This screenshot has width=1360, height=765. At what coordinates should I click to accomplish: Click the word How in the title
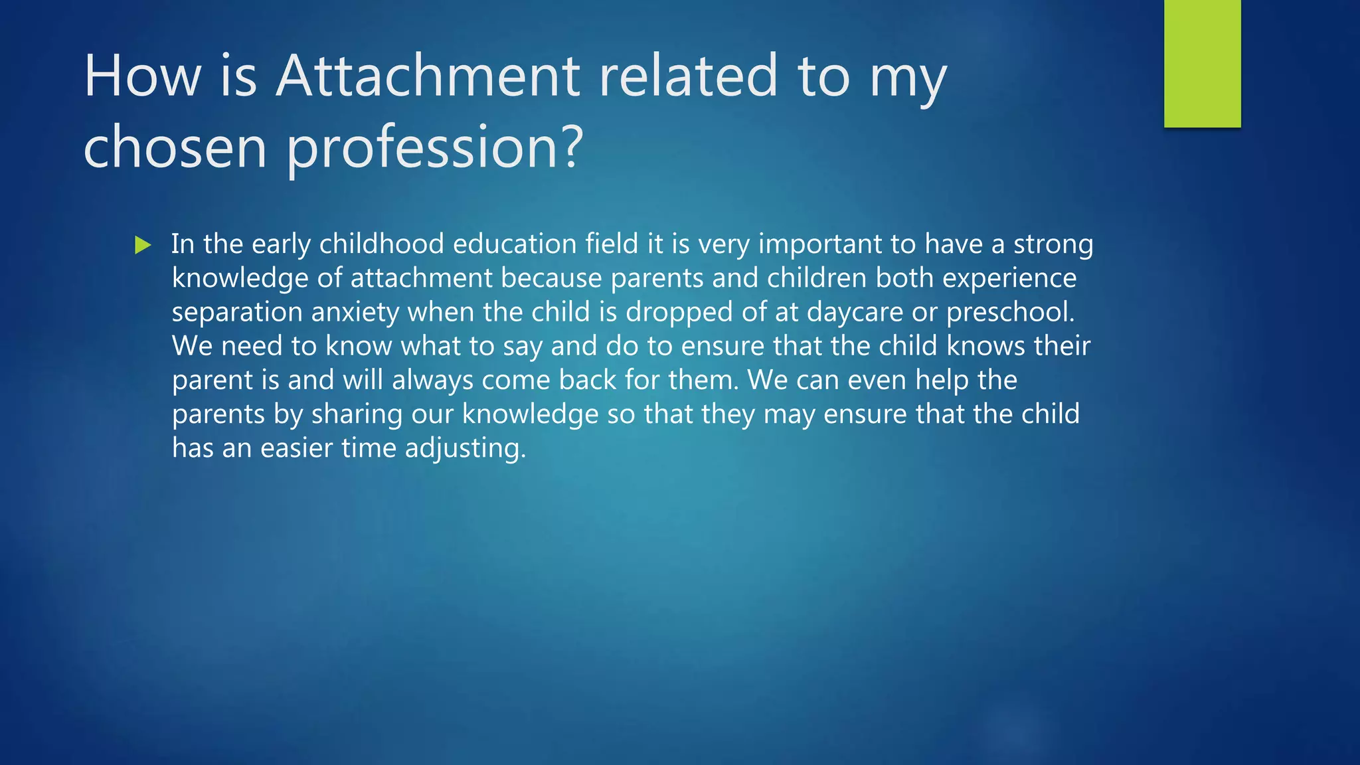coord(142,76)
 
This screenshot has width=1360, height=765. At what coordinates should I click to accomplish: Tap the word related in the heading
coord(688,76)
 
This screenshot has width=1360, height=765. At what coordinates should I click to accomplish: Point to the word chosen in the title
coord(175,147)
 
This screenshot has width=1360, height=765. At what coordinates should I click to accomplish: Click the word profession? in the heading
coord(435,148)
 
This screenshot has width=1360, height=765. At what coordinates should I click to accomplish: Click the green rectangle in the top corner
coord(1202,63)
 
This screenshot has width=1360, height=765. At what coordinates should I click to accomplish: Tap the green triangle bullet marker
coord(143,245)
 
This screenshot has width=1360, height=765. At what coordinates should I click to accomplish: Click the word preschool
coord(1010,313)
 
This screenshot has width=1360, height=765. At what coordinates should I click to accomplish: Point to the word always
coord(432,381)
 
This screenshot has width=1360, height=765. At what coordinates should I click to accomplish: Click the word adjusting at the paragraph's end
coord(465,449)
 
